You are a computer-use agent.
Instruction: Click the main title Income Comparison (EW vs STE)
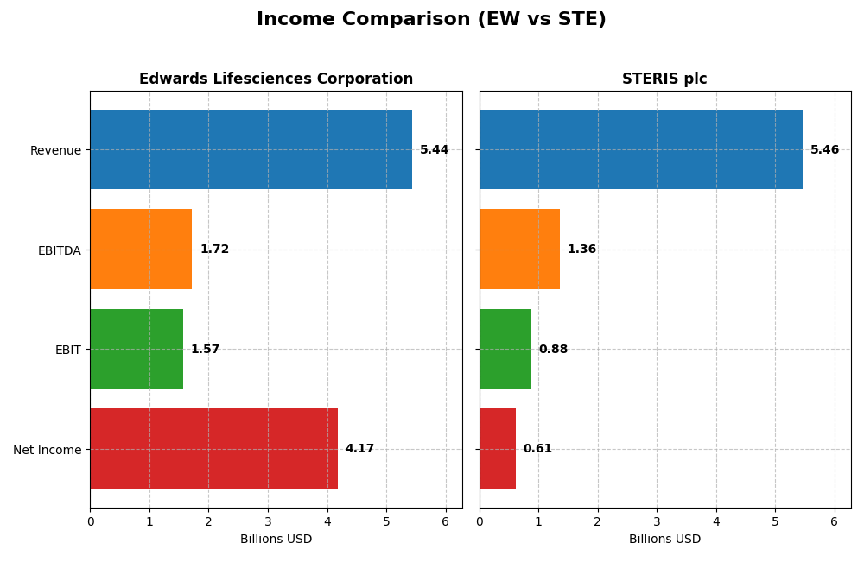point(431,19)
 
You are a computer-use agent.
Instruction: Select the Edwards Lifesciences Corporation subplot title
point(276,79)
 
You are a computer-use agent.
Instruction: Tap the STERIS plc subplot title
point(664,79)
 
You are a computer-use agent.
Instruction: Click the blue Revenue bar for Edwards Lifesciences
point(251,149)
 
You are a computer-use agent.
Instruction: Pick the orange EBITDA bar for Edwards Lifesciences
point(141,250)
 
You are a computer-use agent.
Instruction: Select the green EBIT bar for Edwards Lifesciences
point(137,349)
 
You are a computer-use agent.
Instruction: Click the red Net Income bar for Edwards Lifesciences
point(213,449)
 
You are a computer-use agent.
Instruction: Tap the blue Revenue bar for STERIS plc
point(640,149)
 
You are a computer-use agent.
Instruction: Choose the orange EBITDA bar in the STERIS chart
point(519,250)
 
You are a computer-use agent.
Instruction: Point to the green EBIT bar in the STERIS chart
point(505,349)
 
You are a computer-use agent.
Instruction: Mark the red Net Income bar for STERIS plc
point(498,449)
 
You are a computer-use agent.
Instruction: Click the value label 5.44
point(434,150)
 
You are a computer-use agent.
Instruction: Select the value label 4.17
point(359,449)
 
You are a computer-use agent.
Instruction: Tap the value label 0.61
point(537,449)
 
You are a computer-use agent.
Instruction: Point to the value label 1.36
point(581,250)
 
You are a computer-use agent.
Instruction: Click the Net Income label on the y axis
point(47,450)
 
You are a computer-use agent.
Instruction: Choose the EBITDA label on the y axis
point(59,250)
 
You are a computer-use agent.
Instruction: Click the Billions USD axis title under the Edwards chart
point(276,540)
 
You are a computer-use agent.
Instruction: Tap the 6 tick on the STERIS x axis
point(834,522)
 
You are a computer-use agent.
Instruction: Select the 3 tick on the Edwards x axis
point(268,522)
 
